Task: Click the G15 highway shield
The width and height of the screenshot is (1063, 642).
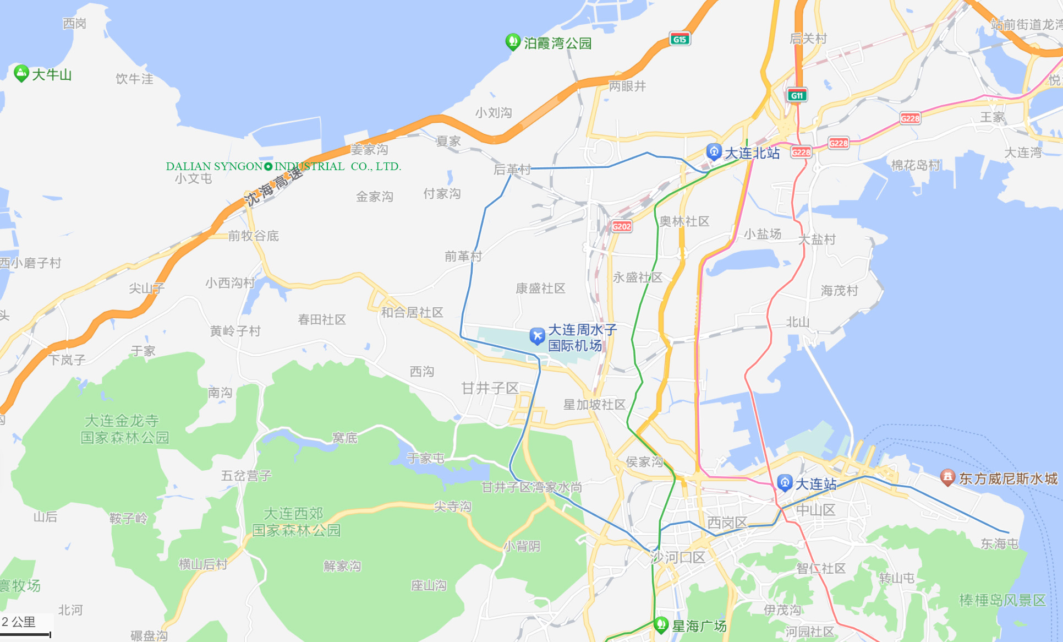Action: tap(680, 39)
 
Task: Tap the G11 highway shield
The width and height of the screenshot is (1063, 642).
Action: tap(797, 95)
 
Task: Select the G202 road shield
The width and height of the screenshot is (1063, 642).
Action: tap(622, 226)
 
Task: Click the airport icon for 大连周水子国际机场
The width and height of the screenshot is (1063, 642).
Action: tap(537, 336)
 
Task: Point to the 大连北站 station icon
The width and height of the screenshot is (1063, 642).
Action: tap(714, 151)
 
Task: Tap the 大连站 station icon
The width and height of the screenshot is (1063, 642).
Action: tap(785, 483)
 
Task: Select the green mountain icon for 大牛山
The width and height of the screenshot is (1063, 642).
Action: tap(21, 73)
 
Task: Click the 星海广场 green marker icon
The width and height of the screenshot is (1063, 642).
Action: tap(661, 625)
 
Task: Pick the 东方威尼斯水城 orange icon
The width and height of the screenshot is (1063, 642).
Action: tap(947, 477)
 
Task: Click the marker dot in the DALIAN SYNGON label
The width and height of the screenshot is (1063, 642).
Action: tap(269, 166)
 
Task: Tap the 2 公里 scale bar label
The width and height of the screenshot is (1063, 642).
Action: tap(19, 622)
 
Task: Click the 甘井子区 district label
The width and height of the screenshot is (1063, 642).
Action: tap(490, 388)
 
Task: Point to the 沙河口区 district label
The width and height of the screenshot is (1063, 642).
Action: tap(677, 557)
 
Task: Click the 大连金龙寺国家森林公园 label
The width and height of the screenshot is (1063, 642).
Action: tap(124, 429)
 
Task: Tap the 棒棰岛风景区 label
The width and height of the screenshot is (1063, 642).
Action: tap(1002, 600)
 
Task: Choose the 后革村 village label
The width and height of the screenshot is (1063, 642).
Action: tap(512, 169)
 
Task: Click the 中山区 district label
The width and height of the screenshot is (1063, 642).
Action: tap(816, 510)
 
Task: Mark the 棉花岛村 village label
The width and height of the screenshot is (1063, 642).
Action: tap(916, 165)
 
